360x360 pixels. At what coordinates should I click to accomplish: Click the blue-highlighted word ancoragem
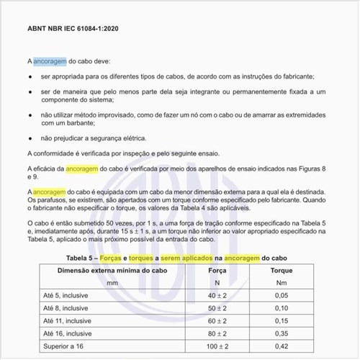click(50, 61)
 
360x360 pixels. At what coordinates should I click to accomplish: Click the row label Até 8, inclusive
click(66, 309)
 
